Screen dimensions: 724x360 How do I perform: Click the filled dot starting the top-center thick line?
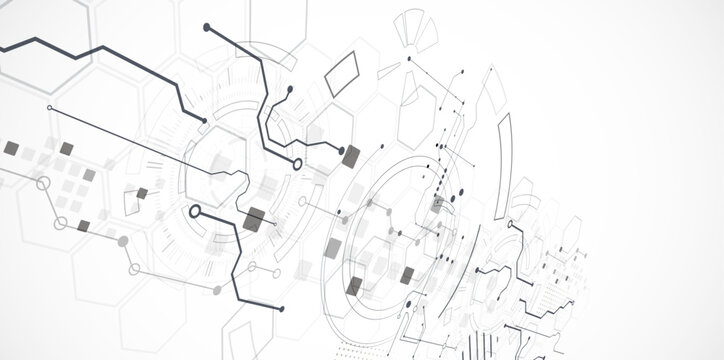(x=207, y=27)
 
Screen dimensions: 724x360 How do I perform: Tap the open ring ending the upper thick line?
(x=297, y=163)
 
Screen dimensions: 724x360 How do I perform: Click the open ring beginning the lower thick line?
(x=195, y=211)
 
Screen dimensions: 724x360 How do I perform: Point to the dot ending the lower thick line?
(x=282, y=309)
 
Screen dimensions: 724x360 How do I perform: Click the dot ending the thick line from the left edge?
(x=205, y=121)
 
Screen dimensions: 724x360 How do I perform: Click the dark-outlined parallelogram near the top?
(x=343, y=73)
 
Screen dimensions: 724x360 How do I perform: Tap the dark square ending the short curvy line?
(x=350, y=156)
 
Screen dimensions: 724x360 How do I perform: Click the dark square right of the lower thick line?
(x=254, y=219)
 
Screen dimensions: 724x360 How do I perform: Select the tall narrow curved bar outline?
(x=505, y=150)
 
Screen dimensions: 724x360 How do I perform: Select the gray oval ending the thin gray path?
(x=123, y=241)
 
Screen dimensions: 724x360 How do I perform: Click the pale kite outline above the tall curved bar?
(x=490, y=92)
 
